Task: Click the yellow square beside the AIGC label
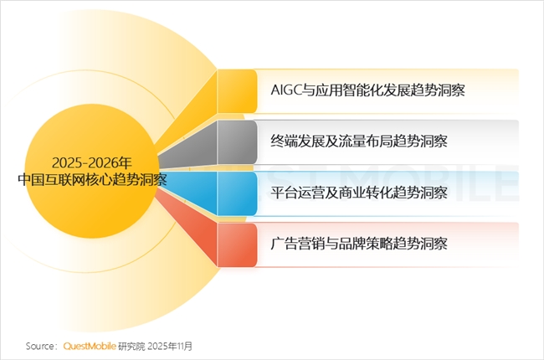pyautogui.click(x=237, y=90)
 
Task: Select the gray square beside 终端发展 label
pyautogui.click(x=237, y=141)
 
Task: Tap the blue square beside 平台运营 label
pyautogui.click(x=237, y=193)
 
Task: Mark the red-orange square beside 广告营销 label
pyautogui.click(x=237, y=244)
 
